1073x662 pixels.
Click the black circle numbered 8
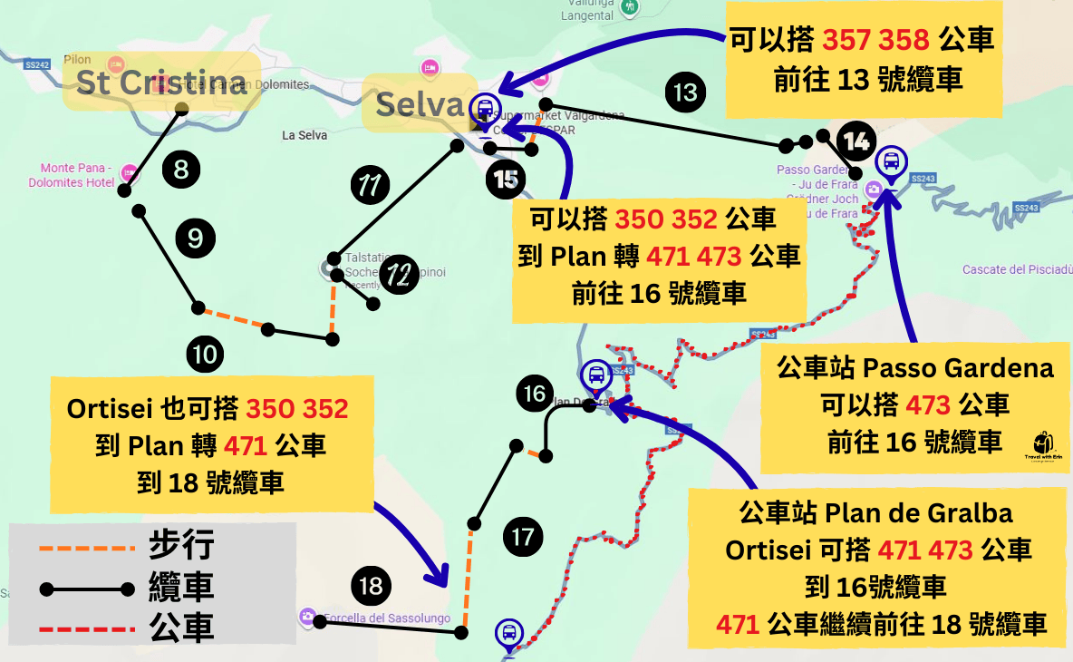tap(181, 170)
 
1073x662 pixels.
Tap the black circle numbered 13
tap(685, 92)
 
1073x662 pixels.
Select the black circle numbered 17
tap(523, 537)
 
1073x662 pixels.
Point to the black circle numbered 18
tap(371, 587)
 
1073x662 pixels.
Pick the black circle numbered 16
tap(536, 394)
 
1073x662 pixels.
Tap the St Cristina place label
tap(161, 83)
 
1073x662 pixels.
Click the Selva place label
tap(420, 104)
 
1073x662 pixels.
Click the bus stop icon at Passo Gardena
tap(892, 163)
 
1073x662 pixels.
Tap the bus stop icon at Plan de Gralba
tap(596, 374)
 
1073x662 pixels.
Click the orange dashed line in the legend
tap(87, 548)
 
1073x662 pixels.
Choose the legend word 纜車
tap(181, 589)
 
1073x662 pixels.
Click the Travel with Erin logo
tap(1043, 444)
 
